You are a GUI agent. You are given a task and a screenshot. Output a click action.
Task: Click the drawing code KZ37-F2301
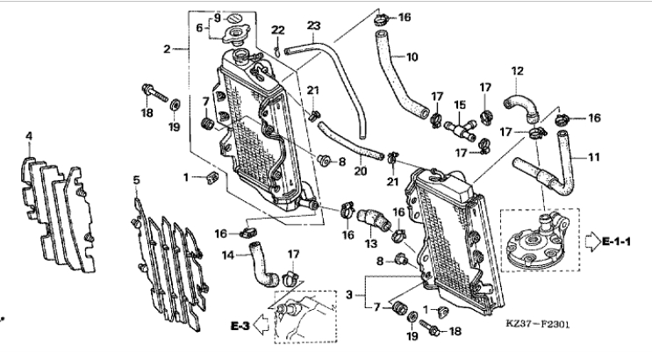point(538,324)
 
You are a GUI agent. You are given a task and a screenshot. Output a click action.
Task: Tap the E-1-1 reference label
point(616,241)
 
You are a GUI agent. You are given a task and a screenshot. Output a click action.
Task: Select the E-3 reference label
point(240,326)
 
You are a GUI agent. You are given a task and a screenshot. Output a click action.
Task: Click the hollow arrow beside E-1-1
point(593,241)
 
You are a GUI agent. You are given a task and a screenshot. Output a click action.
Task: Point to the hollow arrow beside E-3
point(261,325)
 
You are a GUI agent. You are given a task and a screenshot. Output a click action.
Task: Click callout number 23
point(313,25)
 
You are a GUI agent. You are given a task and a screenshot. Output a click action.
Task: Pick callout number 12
point(517,71)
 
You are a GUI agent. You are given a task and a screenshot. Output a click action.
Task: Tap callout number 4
point(29,136)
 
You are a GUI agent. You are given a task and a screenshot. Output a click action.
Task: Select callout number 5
point(136,180)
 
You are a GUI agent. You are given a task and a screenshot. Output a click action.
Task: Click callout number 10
point(412,57)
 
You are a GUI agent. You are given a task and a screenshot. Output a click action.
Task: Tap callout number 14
point(228,255)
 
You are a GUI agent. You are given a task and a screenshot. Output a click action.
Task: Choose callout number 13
point(371,243)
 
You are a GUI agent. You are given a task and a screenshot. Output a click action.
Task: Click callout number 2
point(167,49)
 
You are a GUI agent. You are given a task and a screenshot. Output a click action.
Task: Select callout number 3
point(349,295)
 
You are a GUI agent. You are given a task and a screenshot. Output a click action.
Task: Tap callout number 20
point(361,170)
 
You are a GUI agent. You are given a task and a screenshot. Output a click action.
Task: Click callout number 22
point(278,30)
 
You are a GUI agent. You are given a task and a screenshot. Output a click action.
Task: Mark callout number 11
point(594,157)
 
